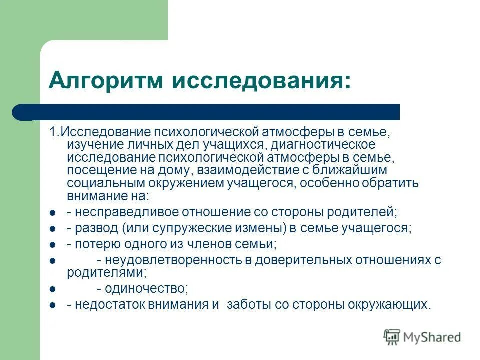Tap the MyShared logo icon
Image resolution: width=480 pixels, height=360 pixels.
tap(392, 337)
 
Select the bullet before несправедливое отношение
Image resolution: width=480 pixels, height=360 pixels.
tap(52, 213)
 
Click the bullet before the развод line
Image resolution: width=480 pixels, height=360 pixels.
tap(52, 228)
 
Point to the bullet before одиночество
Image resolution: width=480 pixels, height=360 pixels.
tap(52, 289)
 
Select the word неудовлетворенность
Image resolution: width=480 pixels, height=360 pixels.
tap(170, 260)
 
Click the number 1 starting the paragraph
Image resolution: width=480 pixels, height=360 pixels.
tap(51, 133)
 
